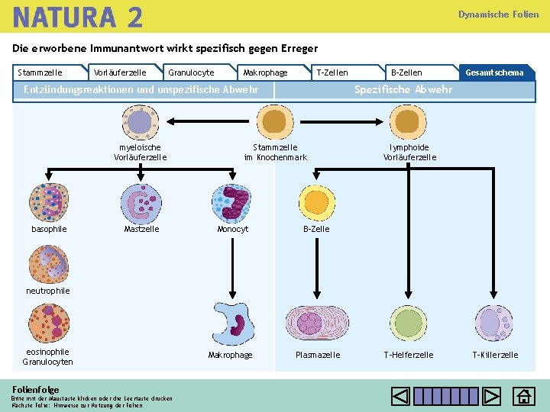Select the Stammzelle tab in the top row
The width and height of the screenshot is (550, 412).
point(40,72)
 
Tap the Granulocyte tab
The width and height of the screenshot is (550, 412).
point(191,72)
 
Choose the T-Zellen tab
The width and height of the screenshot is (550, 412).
point(332,72)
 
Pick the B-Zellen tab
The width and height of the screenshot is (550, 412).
point(406,72)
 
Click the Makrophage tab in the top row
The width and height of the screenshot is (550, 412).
point(265,72)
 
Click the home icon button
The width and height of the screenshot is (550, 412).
point(523,397)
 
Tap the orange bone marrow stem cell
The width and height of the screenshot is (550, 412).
point(275,121)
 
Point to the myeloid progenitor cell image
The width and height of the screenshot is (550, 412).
point(140,122)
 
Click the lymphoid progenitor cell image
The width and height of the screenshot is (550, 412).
point(409,121)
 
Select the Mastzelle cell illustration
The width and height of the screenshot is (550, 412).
point(141,203)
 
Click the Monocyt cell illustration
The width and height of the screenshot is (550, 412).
point(231,203)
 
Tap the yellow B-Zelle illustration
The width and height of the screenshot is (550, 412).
point(315,201)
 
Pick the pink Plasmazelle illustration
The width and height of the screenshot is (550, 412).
point(317,323)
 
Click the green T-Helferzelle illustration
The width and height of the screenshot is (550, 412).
point(409,323)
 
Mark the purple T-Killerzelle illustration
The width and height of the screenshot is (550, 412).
point(493,323)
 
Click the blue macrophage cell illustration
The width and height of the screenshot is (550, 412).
point(233,323)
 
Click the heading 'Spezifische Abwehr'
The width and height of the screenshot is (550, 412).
point(403,90)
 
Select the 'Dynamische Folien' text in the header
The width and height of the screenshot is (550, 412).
point(498,14)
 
